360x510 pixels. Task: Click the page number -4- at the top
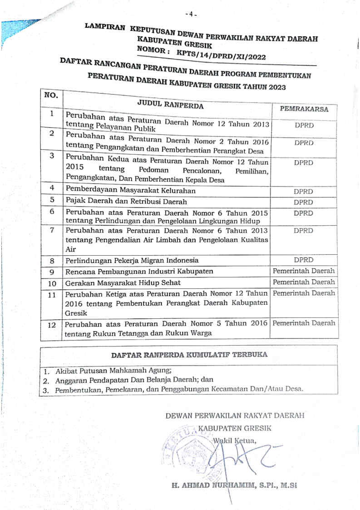coord(191,14)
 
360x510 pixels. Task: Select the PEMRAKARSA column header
coord(304,109)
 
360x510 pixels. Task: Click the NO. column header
coord(51,96)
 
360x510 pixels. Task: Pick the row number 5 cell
coord(52,199)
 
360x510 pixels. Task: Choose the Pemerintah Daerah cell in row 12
coord(304,323)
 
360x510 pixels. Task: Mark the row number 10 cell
coord(52,283)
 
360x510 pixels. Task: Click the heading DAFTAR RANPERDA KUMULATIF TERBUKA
coord(189,355)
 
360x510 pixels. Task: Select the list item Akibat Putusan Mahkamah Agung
coord(113,370)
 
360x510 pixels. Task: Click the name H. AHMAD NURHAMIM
coord(208,485)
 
